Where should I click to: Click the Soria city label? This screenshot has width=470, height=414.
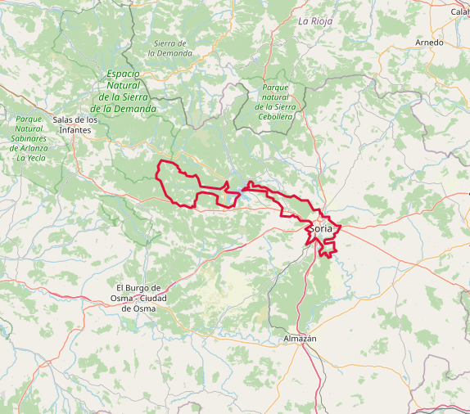click(x=321, y=228)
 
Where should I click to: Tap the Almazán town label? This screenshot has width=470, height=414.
click(x=300, y=338)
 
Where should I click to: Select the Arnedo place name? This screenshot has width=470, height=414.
click(x=429, y=43)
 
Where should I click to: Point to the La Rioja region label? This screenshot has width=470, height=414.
click(x=315, y=20)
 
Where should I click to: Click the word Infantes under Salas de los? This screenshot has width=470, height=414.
click(x=75, y=130)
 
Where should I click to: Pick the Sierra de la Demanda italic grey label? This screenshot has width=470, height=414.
click(x=170, y=47)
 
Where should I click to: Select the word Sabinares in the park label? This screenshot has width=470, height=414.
click(x=29, y=138)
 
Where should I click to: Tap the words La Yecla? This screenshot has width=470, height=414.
click(x=32, y=158)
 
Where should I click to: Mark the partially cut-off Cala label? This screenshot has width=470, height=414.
click(x=459, y=11)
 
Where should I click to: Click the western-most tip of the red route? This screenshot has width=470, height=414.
click(x=156, y=172)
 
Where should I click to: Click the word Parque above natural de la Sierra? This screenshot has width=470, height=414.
click(x=275, y=88)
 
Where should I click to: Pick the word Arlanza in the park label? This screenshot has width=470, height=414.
click(x=34, y=148)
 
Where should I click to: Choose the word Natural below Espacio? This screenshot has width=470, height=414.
click(x=124, y=85)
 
